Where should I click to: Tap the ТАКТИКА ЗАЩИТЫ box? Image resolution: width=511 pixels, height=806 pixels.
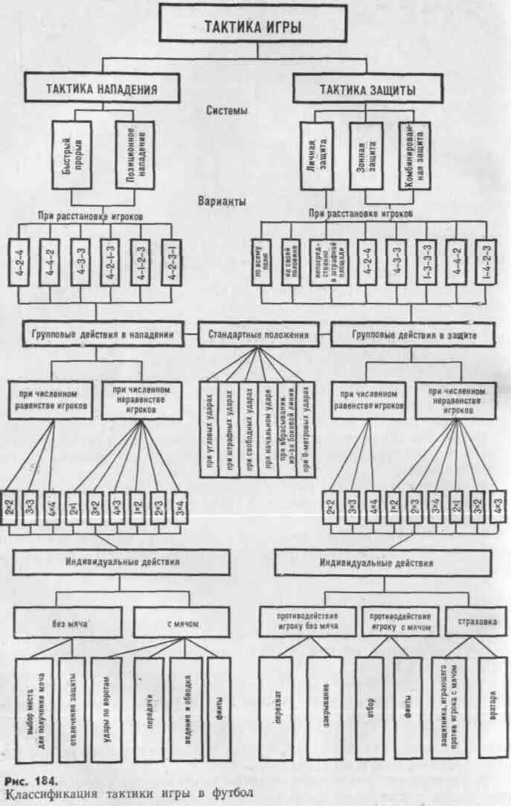point(367,90)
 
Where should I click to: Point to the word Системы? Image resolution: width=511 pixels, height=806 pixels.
point(227,111)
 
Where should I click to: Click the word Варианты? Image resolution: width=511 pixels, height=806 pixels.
point(223,202)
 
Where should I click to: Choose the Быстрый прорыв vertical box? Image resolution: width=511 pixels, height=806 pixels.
point(72,155)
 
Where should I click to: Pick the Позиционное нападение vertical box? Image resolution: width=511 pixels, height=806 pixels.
point(135,155)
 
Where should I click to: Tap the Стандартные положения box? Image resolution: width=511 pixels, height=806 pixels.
point(258,335)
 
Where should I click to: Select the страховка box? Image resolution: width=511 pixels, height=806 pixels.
point(475,621)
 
